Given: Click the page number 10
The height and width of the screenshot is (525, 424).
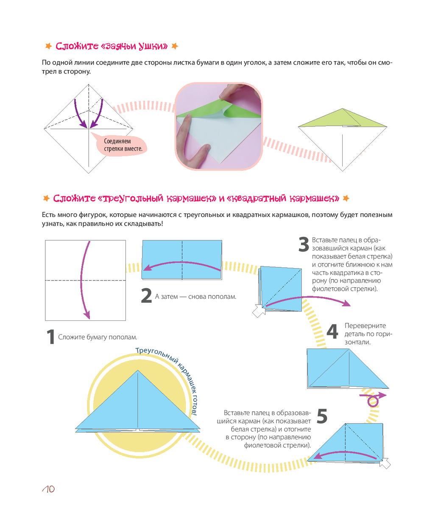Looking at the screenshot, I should pos(49,489).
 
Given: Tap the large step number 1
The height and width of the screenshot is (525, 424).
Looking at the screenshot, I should pos(50,337).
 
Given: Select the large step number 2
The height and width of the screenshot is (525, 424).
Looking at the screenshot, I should pos(146,296).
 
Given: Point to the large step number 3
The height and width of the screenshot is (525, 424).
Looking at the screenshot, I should pos(304,244).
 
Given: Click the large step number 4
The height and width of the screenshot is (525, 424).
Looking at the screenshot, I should pos(332,331).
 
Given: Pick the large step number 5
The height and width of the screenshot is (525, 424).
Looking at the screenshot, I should pos(322,416).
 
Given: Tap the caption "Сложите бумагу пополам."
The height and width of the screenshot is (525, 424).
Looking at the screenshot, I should pos(98,337).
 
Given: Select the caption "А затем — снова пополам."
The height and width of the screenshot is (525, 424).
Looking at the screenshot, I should pos(195,297).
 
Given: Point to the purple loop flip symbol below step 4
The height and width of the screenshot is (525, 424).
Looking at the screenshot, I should pos(373,400).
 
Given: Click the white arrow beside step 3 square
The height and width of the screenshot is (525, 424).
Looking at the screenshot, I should pos(258,311).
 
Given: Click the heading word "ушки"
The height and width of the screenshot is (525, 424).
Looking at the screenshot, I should pos(153,46).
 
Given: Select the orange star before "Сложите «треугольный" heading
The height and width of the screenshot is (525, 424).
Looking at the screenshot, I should pos(47,198).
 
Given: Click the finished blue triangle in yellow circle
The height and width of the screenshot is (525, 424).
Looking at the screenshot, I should pos(138,403).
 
